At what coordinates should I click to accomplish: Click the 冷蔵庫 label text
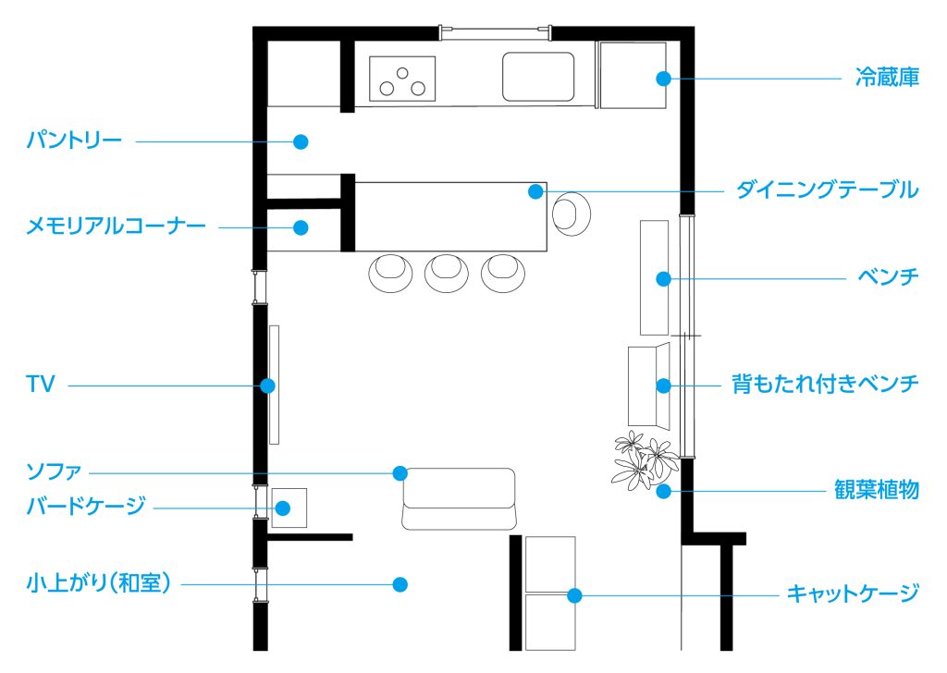[886, 79]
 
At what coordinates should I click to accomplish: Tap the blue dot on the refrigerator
[663, 79]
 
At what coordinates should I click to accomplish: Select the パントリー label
[73, 141]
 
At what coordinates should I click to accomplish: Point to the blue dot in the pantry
[300, 141]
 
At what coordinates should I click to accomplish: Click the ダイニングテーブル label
[827, 190]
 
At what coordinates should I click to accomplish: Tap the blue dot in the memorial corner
[301, 226]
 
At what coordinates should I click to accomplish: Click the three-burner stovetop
[403, 78]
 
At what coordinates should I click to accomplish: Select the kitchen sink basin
[538, 76]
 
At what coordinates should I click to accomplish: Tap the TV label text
[41, 385]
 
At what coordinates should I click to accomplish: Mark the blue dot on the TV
[266, 385]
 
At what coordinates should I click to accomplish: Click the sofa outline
[459, 499]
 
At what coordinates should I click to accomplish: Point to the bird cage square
[288, 508]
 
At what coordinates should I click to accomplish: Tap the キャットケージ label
[853, 593]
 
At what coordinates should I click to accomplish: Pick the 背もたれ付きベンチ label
[825, 384]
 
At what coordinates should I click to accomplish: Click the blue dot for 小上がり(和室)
[400, 584]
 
